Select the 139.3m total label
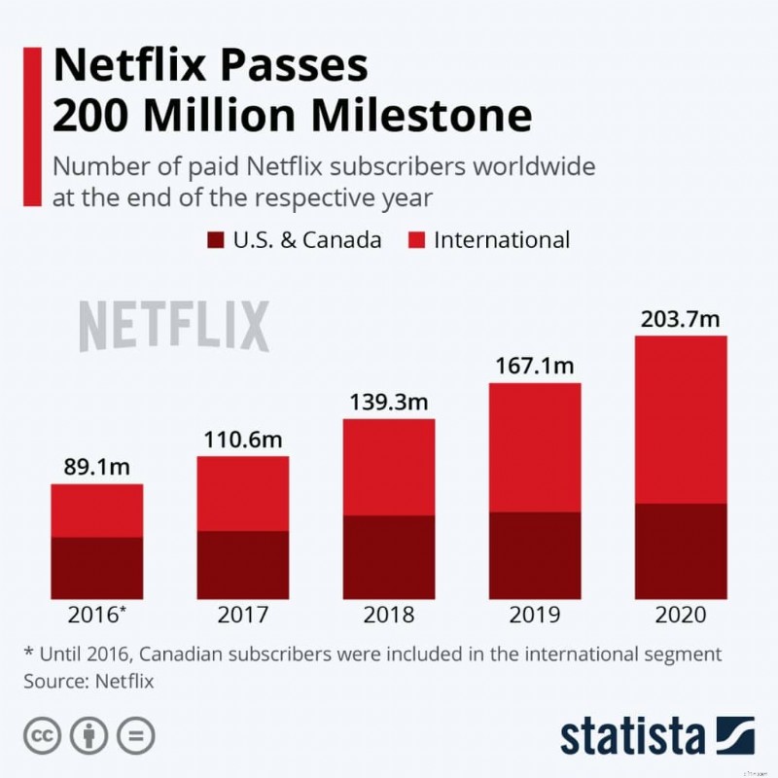click(388, 402)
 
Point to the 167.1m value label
click(534, 367)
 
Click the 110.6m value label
click(242, 439)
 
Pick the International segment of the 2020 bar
click(680, 419)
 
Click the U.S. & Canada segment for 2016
click(96, 568)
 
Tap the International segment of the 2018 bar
click(388, 467)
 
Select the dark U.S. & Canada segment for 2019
click(534, 555)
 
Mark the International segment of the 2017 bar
click(242, 493)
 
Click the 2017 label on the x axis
click(242, 616)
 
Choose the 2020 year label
click(680, 616)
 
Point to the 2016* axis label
click(96, 616)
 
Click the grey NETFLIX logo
click(173, 327)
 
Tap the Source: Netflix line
click(88, 682)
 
